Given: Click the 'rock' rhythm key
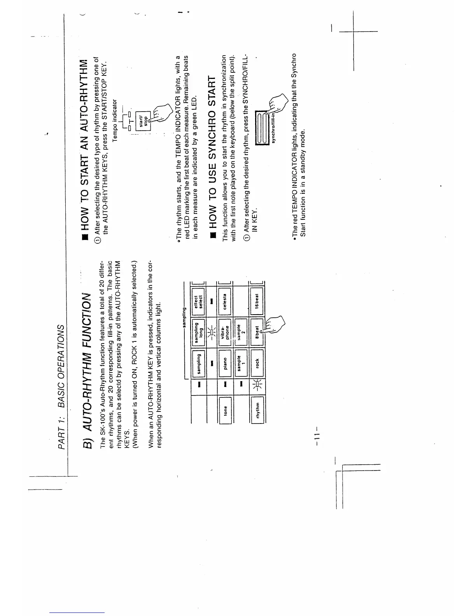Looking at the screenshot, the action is pyautogui.click(x=257, y=362).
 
